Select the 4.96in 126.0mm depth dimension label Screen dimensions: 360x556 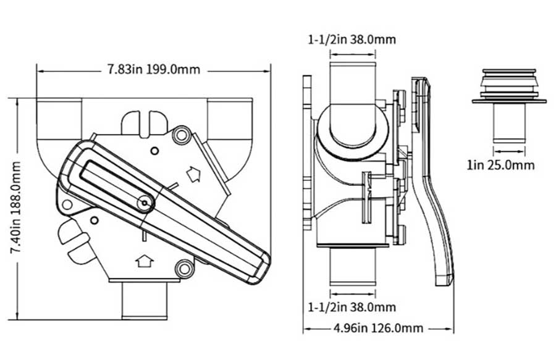(x=378, y=328)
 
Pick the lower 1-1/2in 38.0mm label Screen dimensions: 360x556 (x=352, y=306)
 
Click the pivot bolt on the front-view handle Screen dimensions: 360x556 (x=145, y=202)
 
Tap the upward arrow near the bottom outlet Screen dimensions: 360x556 (x=144, y=262)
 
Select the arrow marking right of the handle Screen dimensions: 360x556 (x=194, y=175)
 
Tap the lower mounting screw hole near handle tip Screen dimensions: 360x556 (x=182, y=269)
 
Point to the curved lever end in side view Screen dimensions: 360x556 (x=443, y=266)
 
